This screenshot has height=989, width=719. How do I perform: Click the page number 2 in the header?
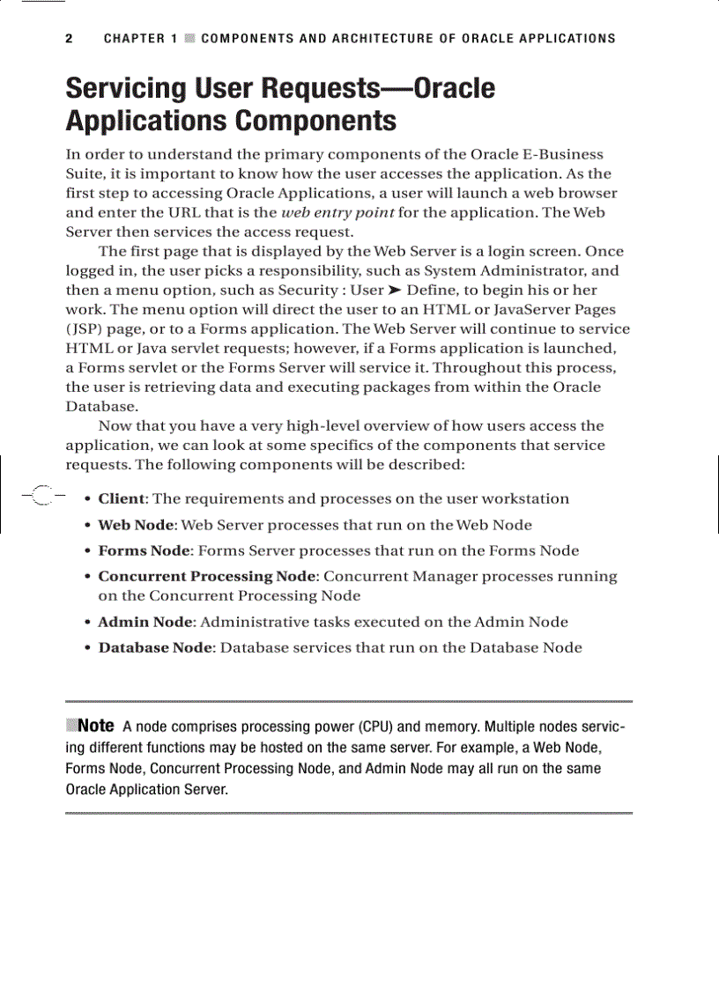(69, 39)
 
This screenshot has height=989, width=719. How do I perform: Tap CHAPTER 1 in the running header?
(140, 39)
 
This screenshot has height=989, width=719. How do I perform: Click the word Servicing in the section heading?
(126, 89)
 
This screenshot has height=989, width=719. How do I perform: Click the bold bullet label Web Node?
(137, 525)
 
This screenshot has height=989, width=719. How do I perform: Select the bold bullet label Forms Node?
(144, 550)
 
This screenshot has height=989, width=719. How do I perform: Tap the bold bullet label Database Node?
(155, 647)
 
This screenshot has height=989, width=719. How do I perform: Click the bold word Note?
(96, 726)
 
